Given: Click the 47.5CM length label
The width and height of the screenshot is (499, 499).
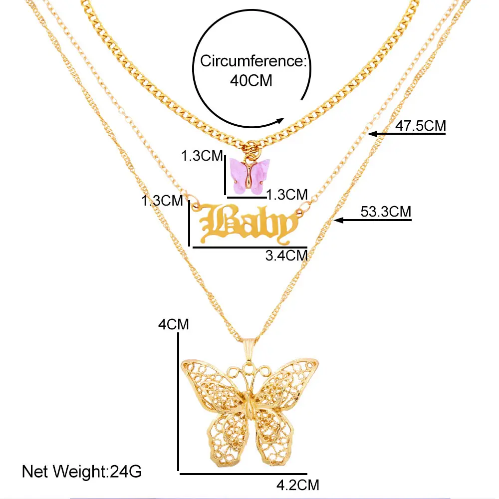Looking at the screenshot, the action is click(420, 126).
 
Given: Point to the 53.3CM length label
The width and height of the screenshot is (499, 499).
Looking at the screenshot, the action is click(386, 212).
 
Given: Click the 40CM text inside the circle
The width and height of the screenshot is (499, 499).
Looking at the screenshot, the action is click(250, 80).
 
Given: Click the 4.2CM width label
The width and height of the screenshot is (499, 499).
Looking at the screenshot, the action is click(297, 484).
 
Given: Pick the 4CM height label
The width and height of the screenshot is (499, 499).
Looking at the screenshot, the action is click(173, 324).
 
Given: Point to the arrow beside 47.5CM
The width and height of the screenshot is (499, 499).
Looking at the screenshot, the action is click(380, 133).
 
